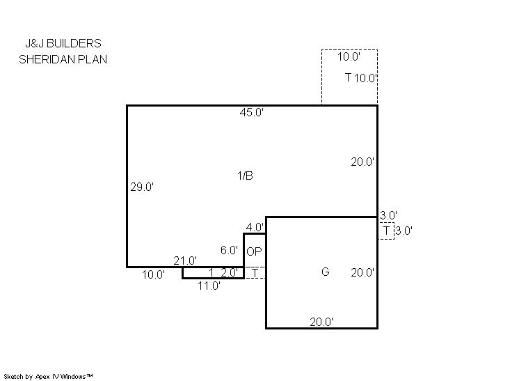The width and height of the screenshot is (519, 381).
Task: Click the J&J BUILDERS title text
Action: pyautogui.click(x=63, y=43)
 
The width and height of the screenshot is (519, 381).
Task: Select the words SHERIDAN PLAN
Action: pyautogui.click(x=63, y=59)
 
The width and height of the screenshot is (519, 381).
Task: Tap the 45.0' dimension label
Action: pyautogui.click(x=252, y=112)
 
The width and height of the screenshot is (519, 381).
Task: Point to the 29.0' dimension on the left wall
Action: pyautogui.click(x=142, y=187)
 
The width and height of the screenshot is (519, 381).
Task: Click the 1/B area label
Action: pyautogui.click(x=246, y=176)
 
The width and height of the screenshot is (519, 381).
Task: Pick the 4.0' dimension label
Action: pyautogui.click(x=255, y=227)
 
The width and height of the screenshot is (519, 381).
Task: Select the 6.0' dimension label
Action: pyautogui.click(x=229, y=250)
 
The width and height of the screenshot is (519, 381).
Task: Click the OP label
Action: pyautogui.click(x=254, y=251)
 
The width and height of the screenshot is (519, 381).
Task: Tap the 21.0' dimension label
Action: pyautogui.click(x=185, y=261)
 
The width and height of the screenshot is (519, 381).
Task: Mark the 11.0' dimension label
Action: pyautogui.click(x=209, y=286)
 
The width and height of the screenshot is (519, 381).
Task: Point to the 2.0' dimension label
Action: pyautogui.click(x=229, y=272)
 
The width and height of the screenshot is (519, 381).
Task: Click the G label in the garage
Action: pyautogui.click(x=326, y=272)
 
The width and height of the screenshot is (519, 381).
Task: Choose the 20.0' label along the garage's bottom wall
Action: pyautogui.click(x=321, y=322)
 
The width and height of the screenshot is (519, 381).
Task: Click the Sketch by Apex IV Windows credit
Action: pyautogui.click(x=48, y=377)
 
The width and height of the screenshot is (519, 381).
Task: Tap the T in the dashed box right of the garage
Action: pyautogui.click(x=386, y=231)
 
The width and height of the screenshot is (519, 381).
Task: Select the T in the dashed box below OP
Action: pyautogui.click(x=255, y=273)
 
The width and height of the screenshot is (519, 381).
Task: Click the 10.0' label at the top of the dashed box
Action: pyautogui.click(x=349, y=56)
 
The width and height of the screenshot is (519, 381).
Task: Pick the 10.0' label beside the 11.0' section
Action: pyautogui.click(x=154, y=274)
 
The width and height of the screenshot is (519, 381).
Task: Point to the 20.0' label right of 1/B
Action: pyautogui.click(x=362, y=162)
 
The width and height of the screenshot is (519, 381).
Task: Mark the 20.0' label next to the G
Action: pyautogui.click(x=362, y=272)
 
